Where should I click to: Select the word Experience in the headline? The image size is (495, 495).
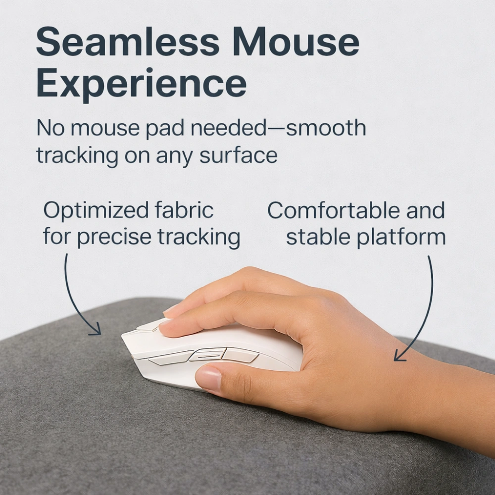pyautogui.click(x=141, y=83)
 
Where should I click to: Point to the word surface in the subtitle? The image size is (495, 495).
pyautogui.click(x=239, y=155)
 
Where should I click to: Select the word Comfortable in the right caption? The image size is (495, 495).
pyautogui.click(x=333, y=210)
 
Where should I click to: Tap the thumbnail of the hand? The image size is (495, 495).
pyautogui.click(x=208, y=378)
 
